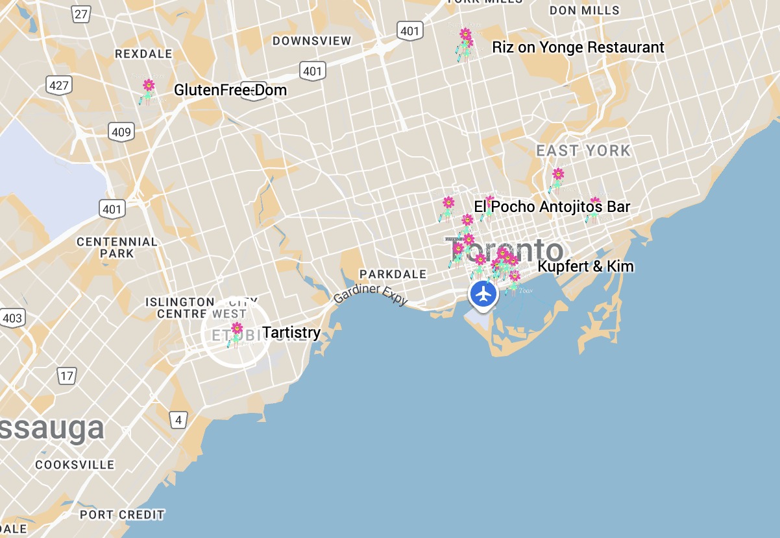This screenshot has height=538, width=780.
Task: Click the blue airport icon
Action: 483,294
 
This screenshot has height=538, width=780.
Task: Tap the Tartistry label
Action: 291,333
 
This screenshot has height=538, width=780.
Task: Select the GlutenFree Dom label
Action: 230,90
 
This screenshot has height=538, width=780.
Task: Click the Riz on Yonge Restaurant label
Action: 578,47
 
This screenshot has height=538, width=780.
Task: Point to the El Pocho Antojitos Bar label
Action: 552,207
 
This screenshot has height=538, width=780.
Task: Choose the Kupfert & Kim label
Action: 585,266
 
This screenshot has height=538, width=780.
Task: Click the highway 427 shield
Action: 58,84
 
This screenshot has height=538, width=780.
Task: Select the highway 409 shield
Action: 121,132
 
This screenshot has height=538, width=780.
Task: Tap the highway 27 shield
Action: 81,14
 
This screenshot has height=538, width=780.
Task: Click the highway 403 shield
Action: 12,318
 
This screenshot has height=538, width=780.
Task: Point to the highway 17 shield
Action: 66,376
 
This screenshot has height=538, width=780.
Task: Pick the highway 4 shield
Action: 178,419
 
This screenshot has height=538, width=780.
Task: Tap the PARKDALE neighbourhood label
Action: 393,274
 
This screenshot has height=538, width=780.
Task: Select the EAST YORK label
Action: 583,151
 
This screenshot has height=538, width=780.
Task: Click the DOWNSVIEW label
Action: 311,41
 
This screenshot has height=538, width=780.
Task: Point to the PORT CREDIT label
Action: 122,515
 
